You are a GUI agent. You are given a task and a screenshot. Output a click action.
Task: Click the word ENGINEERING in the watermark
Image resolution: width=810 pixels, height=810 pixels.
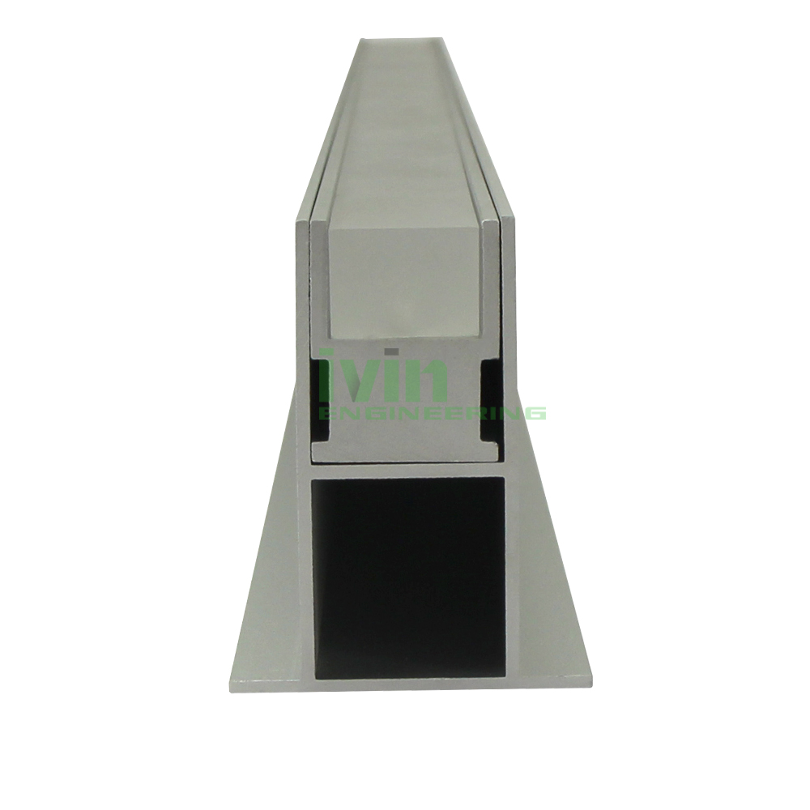(x=433, y=412)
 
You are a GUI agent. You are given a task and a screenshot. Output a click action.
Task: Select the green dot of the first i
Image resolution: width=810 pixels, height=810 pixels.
(x=325, y=352)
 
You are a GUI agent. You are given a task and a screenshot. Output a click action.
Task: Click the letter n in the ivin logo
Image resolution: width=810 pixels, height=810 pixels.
(x=424, y=378)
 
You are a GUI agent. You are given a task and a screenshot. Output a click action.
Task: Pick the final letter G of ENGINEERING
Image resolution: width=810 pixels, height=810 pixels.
(x=537, y=412)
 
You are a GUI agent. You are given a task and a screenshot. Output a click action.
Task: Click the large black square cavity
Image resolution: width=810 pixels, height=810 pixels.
(x=407, y=577)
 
